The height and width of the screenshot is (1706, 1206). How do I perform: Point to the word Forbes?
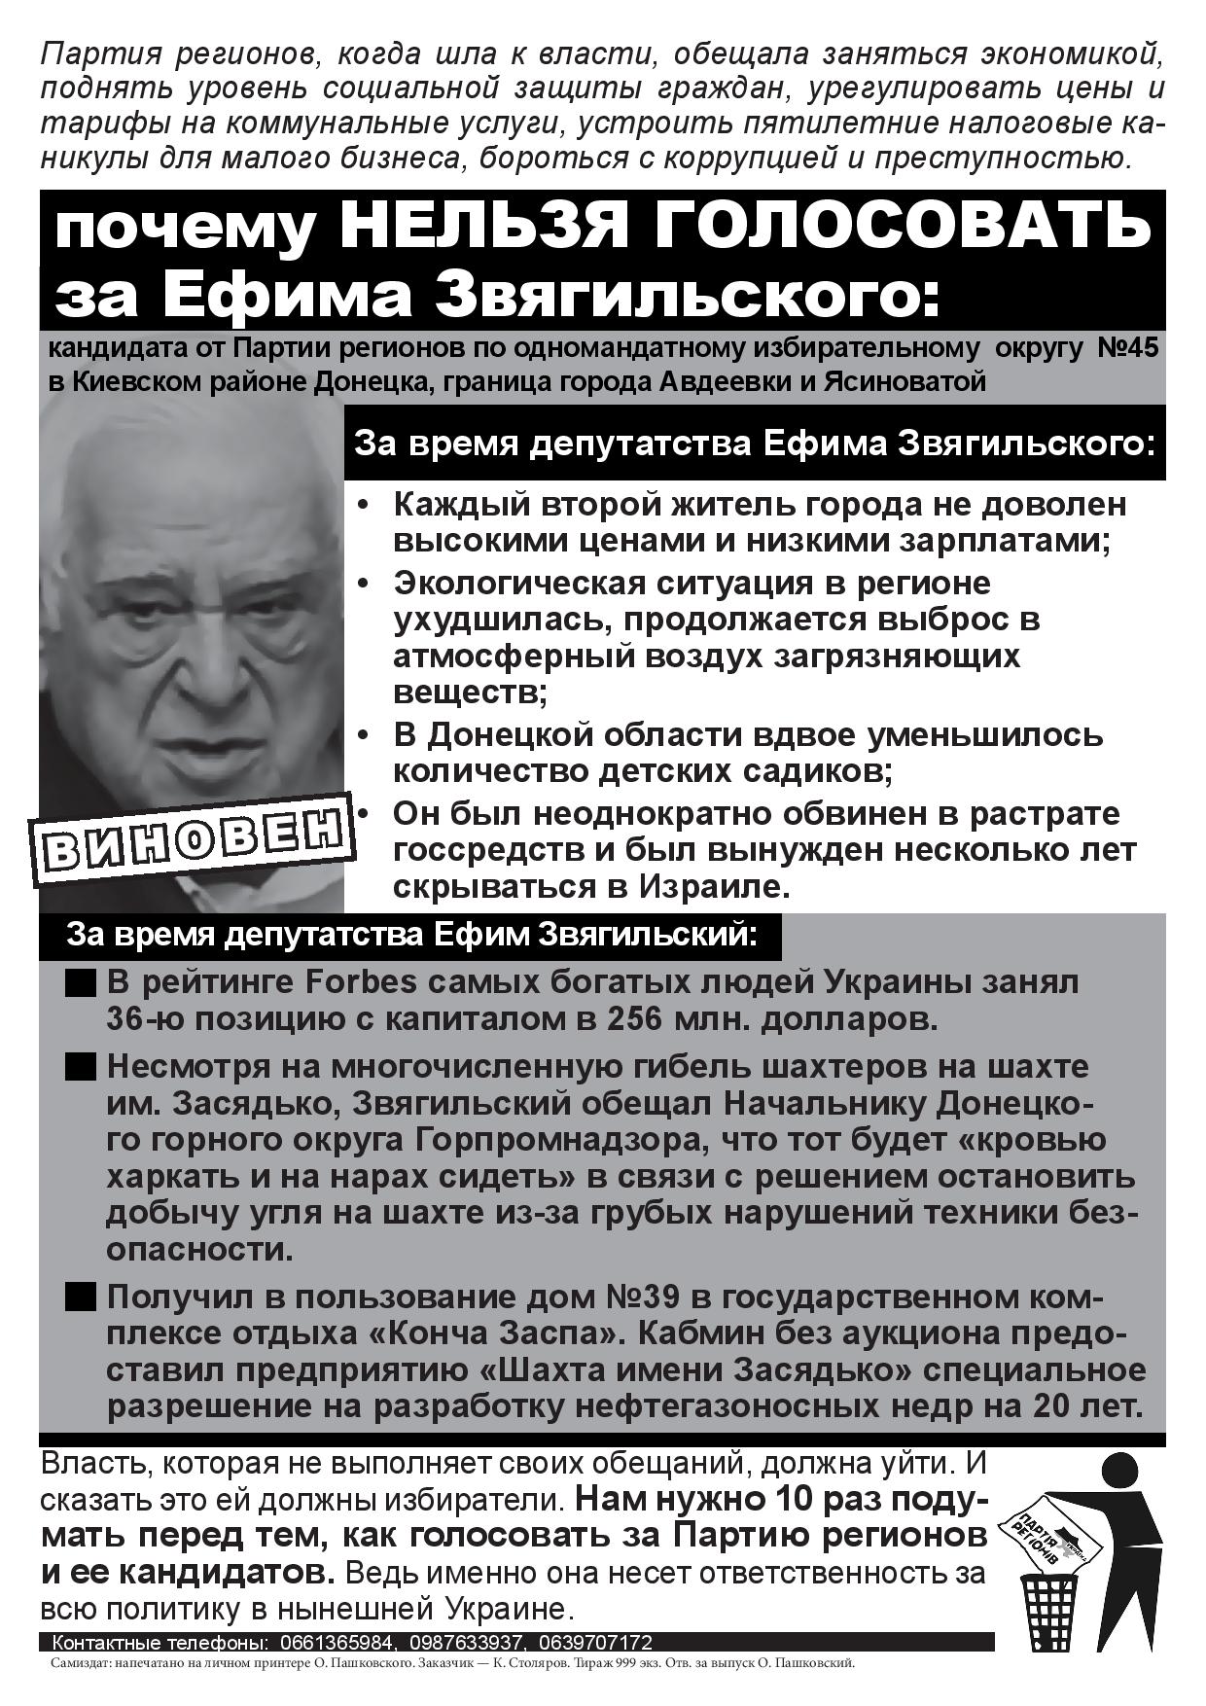362,982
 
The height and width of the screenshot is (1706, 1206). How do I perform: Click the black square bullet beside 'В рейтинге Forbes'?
81,983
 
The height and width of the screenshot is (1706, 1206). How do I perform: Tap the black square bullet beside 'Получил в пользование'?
81,1297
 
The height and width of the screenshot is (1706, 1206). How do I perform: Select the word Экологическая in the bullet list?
520,584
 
